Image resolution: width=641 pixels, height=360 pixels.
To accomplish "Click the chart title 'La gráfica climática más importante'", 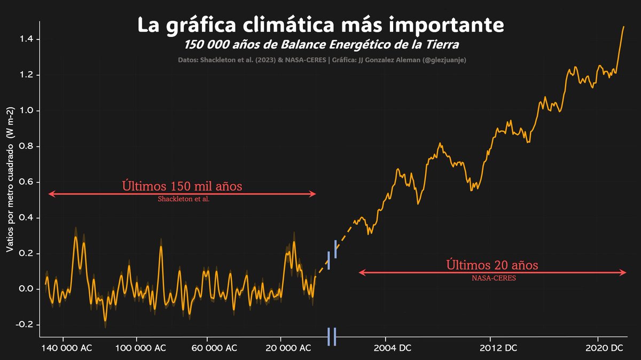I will click(x=320, y=25).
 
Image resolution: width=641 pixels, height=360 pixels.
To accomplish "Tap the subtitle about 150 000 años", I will click(x=320, y=44).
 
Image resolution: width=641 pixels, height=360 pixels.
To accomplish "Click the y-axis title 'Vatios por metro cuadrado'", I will click(x=10, y=179).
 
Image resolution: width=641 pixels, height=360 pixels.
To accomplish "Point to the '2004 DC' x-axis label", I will click(x=392, y=348).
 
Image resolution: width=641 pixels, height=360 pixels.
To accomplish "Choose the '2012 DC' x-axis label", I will click(x=498, y=348).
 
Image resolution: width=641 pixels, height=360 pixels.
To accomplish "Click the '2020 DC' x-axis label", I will click(x=605, y=348).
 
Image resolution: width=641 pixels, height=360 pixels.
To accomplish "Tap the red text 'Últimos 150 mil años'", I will click(x=182, y=186).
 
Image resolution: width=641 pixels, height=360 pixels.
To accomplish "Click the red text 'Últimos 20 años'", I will click(x=492, y=265).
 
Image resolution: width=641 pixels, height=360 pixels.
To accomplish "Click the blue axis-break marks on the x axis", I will click(x=332, y=336).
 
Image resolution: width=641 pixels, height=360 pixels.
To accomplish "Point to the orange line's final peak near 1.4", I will click(x=623, y=27).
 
